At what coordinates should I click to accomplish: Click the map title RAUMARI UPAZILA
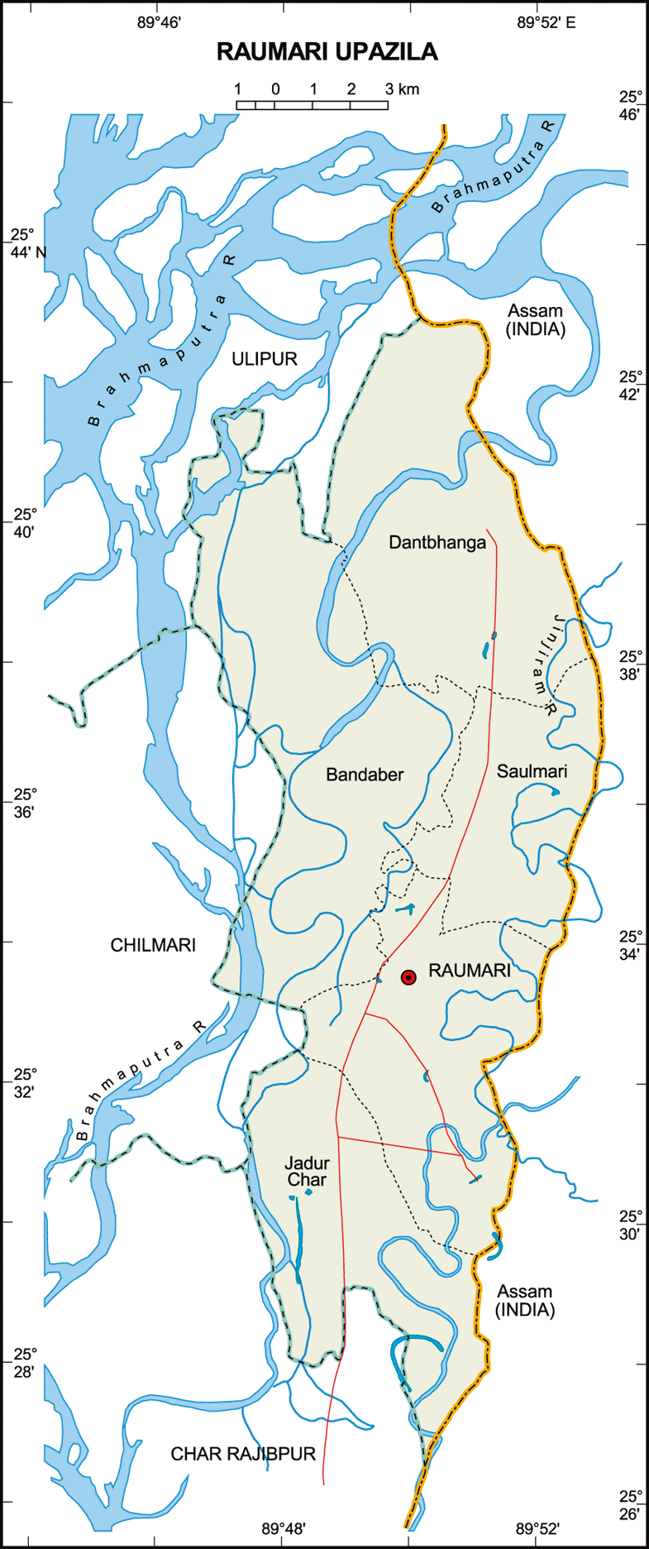(327, 52)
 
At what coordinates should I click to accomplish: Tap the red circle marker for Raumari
(408, 977)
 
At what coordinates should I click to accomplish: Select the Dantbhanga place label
(437, 543)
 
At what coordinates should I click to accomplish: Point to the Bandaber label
(365, 774)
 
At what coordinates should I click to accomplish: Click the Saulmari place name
(532, 771)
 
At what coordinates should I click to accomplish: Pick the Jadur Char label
(306, 1172)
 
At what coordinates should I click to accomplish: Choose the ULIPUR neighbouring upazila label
(264, 358)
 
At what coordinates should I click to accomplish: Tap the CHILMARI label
(153, 945)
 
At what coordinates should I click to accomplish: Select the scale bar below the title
(312, 105)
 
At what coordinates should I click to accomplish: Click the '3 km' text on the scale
(402, 89)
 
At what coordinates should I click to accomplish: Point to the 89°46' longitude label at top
(159, 23)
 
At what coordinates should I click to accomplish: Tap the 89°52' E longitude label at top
(546, 23)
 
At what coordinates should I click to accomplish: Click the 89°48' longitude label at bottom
(284, 1528)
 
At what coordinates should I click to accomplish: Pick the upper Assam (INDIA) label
(535, 320)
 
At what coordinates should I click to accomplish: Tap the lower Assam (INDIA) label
(524, 1301)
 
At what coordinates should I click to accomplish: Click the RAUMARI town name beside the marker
(469, 971)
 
